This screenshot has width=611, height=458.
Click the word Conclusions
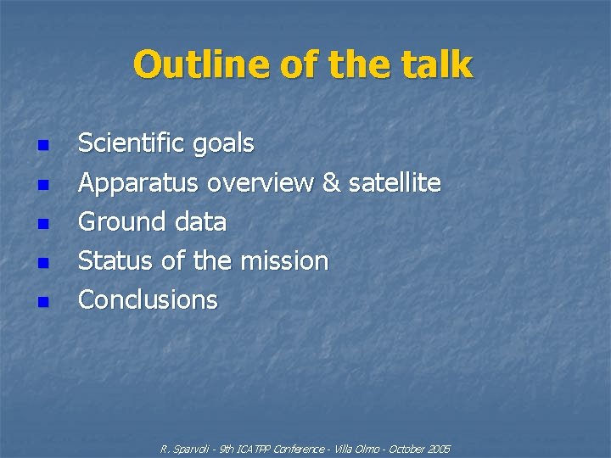click(x=148, y=300)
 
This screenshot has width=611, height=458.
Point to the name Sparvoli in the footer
click(x=193, y=449)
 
